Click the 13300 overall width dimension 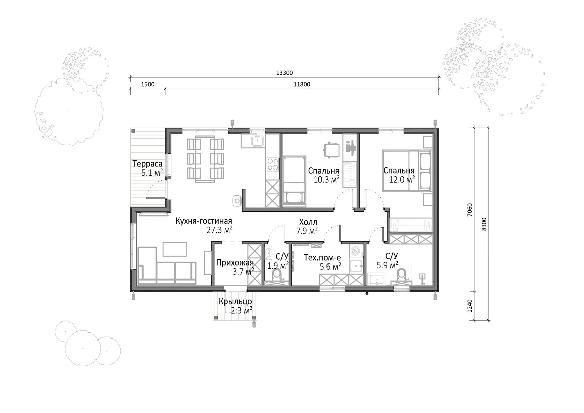coord(284,73)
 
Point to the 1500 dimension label coord(147,84)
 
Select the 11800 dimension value coord(302,84)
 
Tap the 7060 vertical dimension coord(470,210)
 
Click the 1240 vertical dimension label coord(470,306)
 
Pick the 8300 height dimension coord(484,224)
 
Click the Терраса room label coord(147,164)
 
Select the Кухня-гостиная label coord(204,221)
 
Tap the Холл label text coord(308,222)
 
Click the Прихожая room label coord(235,262)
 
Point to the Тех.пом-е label coord(322,258)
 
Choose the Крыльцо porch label coord(235,302)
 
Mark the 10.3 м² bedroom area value coord(326,179)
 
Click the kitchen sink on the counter coord(258,141)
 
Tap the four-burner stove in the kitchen coord(273,164)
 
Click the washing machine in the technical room coord(356,251)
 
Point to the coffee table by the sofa coord(175,249)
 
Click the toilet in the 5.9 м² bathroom coord(401,276)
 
